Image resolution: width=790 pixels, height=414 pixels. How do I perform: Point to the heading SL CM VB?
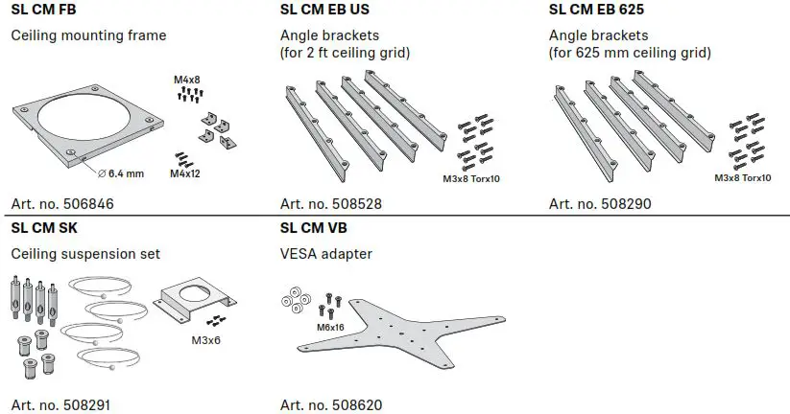(x=314, y=230)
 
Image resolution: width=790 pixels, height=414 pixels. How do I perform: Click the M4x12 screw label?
(x=186, y=173)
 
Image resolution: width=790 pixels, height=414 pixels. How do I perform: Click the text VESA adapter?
(x=325, y=254)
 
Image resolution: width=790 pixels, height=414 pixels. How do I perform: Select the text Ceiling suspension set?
(x=85, y=254)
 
